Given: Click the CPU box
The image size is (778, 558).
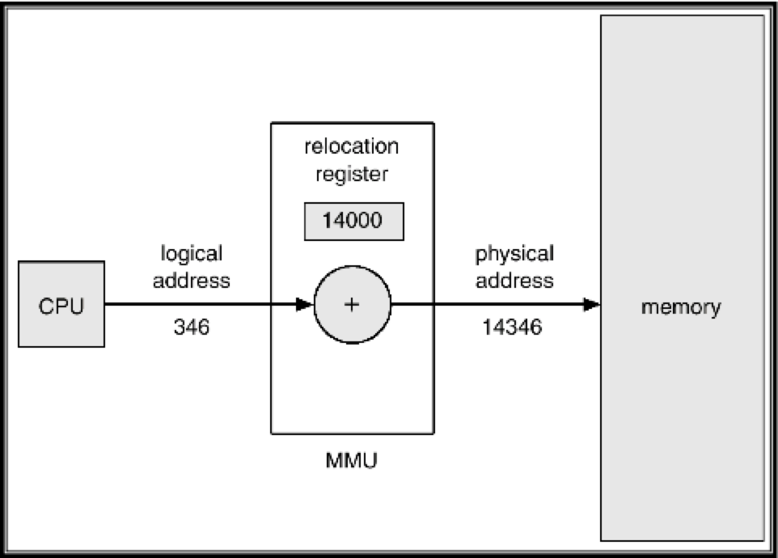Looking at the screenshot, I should (x=61, y=304).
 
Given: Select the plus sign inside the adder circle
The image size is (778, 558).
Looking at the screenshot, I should (x=352, y=305).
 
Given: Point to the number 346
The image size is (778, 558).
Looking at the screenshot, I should (x=192, y=328).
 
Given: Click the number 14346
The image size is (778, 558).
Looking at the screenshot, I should (x=512, y=328).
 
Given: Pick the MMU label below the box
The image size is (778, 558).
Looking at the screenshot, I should (x=352, y=462).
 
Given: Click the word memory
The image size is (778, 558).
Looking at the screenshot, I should (x=680, y=308).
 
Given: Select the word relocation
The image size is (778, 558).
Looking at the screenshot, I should (x=352, y=147).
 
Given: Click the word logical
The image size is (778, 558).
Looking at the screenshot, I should (x=192, y=254).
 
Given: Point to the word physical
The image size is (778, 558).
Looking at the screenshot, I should (x=514, y=254).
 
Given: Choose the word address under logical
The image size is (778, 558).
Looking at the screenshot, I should (x=192, y=281).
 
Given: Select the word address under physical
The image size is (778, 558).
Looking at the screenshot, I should (x=514, y=281).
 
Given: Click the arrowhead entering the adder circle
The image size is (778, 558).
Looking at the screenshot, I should (x=304, y=305).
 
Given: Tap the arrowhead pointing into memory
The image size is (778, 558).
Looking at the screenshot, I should (x=592, y=305).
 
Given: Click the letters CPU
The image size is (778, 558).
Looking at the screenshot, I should (x=61, y=306).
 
